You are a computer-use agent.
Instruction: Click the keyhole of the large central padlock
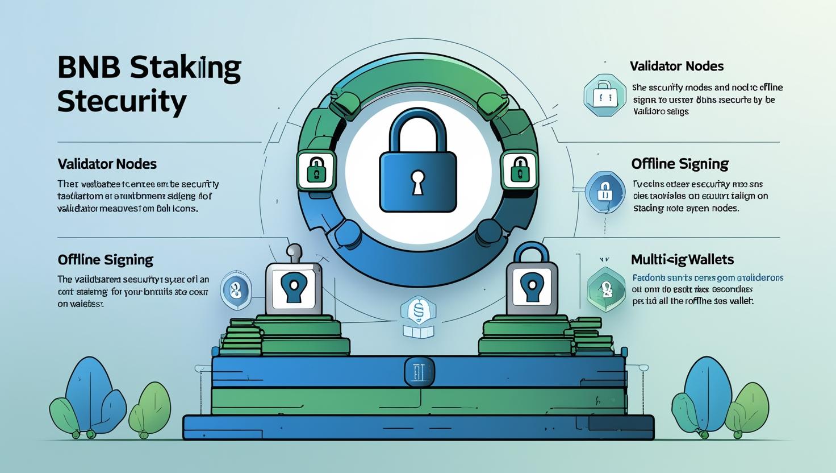418,181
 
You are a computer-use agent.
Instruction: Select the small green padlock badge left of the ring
315,169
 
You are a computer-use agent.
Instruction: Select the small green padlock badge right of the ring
519,169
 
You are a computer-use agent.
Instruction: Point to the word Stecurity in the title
122,102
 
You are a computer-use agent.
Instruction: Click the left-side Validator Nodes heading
107,164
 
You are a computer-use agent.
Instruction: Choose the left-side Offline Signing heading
105,260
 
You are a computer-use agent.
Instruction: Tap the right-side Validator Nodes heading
676,66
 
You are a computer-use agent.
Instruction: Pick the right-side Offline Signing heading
680,164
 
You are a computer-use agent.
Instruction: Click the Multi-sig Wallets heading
682,260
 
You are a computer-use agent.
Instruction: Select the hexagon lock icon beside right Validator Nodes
604,95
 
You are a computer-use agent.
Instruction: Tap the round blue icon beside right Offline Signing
605,192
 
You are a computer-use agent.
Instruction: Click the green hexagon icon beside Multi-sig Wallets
607,289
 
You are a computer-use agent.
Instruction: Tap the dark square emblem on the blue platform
419,372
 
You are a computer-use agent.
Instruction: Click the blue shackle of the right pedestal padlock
532,254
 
